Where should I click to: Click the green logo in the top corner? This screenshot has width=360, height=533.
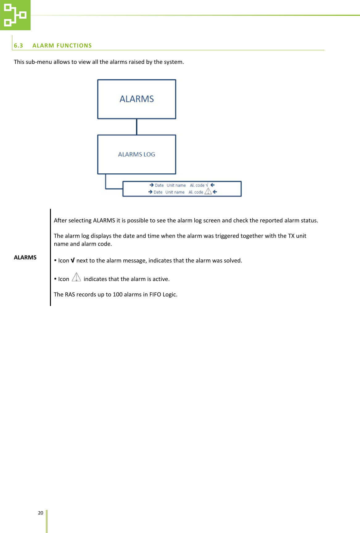pos(15,15)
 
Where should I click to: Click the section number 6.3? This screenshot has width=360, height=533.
pos(19,46)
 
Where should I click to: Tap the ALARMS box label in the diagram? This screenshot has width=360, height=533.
pos(137,99)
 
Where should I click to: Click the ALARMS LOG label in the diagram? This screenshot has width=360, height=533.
pos(137,154)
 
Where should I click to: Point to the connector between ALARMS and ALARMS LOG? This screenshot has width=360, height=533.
pos(137,127)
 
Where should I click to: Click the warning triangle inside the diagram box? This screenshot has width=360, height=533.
pos(208,192)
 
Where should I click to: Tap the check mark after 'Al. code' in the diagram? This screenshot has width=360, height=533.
pos(207,185)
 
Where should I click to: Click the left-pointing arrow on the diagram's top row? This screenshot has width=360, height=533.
pos(213,185)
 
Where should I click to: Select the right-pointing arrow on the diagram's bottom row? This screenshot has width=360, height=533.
pos(151,192)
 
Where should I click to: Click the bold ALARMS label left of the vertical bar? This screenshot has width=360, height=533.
pos(25,258)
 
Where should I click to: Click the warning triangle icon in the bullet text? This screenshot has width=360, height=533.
pos(76,278)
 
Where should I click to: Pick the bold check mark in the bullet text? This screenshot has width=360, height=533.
pos(72,260)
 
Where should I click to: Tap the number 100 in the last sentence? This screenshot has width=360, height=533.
pos(118,295)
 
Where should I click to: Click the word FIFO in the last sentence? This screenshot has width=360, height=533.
pos(155,295)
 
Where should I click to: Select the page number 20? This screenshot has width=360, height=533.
pos(40,513)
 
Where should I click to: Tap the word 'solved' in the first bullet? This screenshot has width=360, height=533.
pos(232,261)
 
